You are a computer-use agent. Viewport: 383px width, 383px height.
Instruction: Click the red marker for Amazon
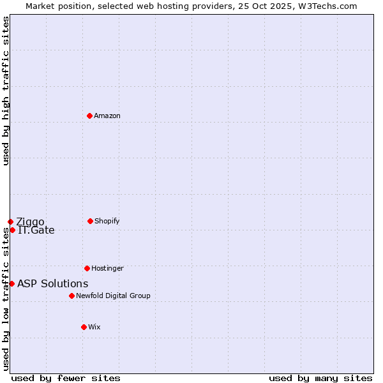click(x=89, y=116)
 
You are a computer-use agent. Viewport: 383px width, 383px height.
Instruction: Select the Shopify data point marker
click(x=90, y=221)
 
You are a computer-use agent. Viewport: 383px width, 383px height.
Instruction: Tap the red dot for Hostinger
click(x=87, y=268)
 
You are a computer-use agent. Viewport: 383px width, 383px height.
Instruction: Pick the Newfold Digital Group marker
click(x=71, y=296)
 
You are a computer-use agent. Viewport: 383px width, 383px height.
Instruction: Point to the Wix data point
click(x=84, y=327)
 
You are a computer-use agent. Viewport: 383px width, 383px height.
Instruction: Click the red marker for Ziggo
click(x=10, y=222)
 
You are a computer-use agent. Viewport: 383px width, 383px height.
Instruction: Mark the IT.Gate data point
click(x=12, y=230)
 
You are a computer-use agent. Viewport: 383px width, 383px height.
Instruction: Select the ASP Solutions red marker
click(x=11, y=283)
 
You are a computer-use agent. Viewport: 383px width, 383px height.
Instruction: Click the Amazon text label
click(x=107, y=116)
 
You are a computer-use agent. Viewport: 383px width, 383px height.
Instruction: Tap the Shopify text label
click(x=107, y=222)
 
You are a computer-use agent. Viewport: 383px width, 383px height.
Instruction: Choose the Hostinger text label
click(x=107, y=269)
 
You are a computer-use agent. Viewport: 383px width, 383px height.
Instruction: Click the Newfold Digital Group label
click(x=113, y=296)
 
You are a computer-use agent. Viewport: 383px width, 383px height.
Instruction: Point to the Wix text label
click(x=94, y=327)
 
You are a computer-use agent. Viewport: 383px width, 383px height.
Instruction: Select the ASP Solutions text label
click(x=53, y=284)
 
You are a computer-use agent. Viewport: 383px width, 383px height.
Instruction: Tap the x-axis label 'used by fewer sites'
click(x=66, y=379)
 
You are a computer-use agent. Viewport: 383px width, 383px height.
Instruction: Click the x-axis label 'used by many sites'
click(x=320, y=379)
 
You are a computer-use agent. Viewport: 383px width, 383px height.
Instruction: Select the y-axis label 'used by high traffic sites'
click(x=6, y=91)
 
